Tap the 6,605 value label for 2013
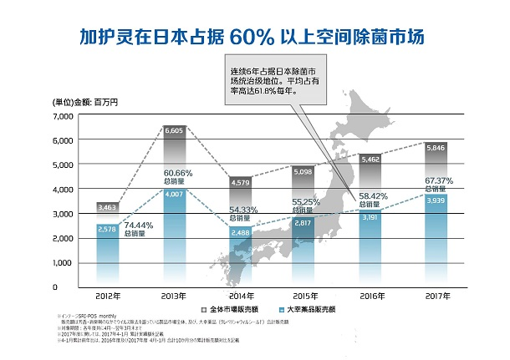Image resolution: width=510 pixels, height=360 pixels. pyautogui.click(x=174, y=130)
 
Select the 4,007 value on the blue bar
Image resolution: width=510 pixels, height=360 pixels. pyautogui.click(x=174, y=194)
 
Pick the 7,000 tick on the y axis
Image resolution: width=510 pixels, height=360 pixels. pyautogui.click(x=41, y=116)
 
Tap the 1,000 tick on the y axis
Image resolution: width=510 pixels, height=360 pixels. pyautogui.click(x=41, y=263)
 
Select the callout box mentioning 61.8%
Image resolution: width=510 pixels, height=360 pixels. pyautogui.click(x=271, y=80)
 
